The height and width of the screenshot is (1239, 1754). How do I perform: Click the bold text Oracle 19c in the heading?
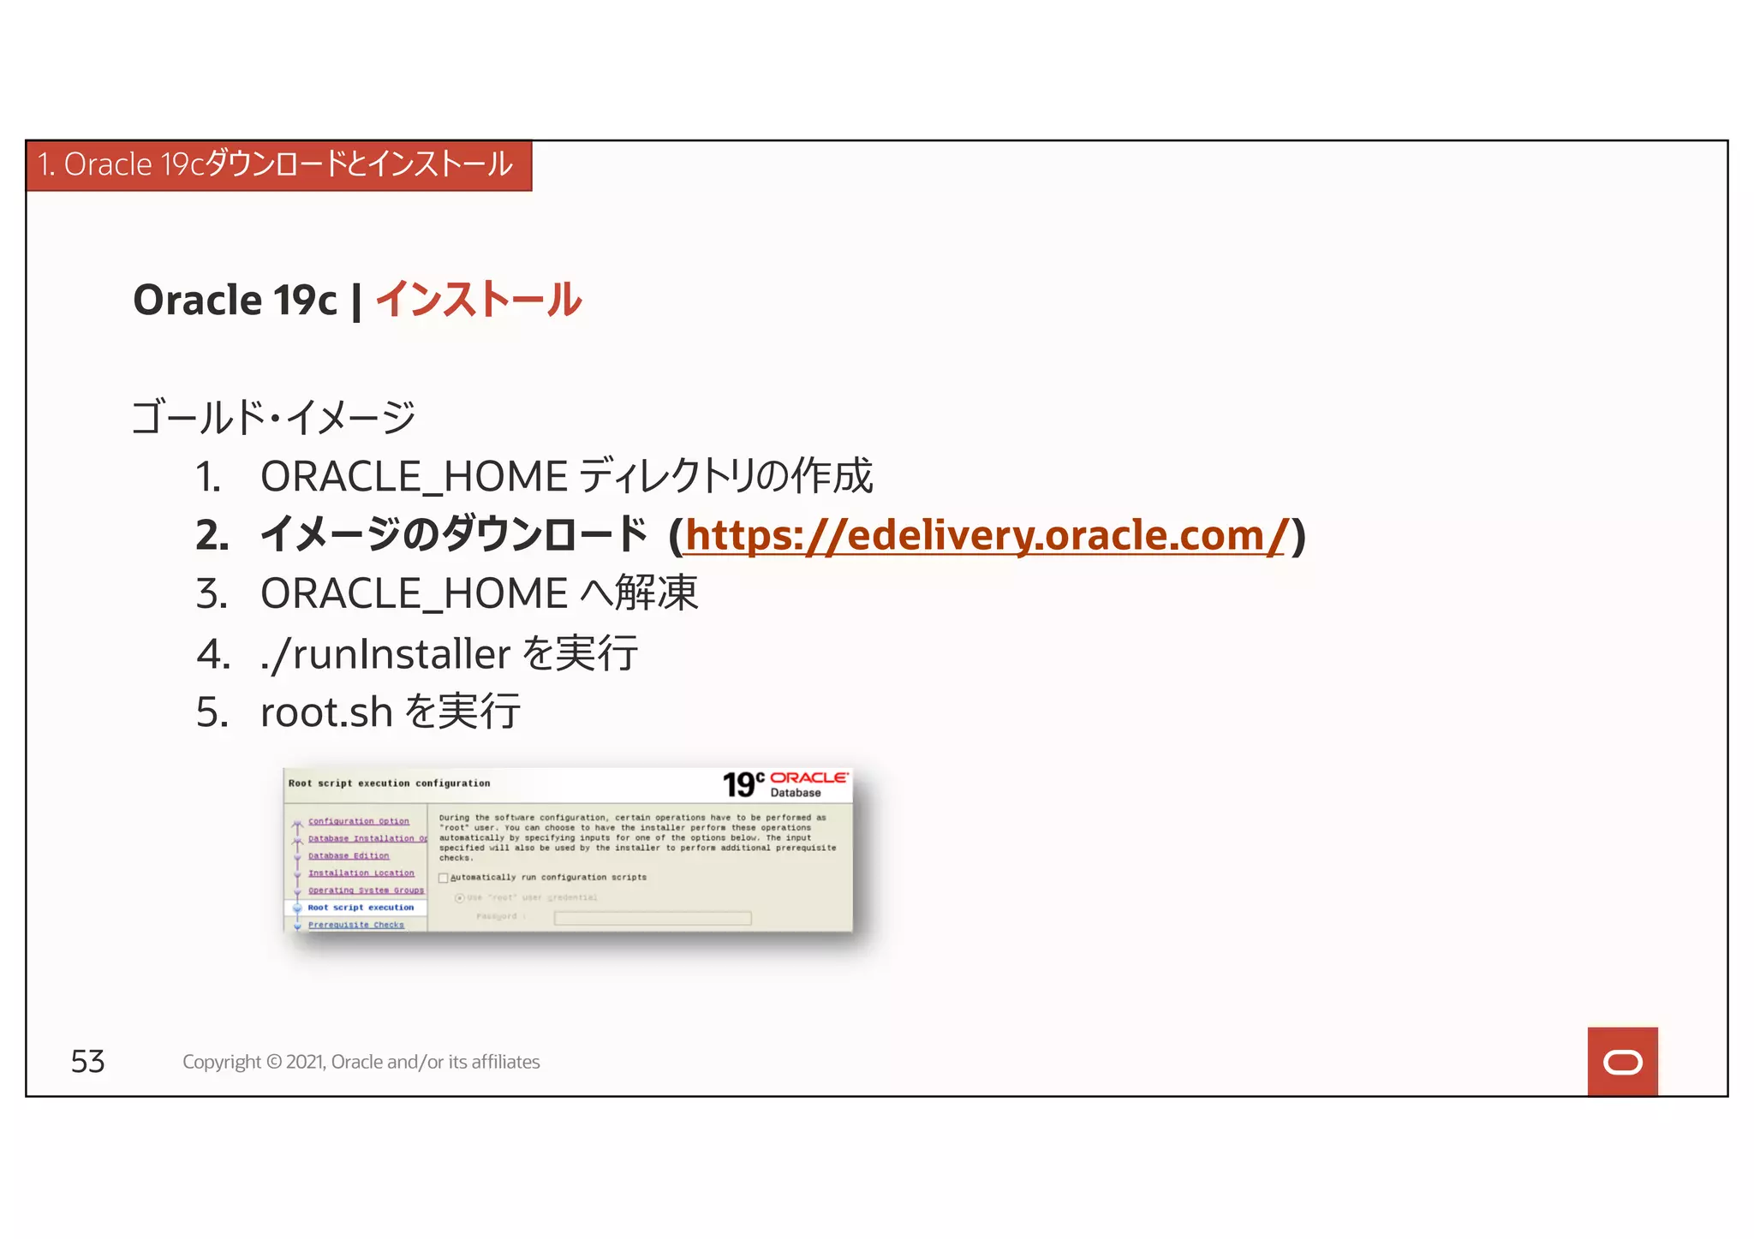(236, 301)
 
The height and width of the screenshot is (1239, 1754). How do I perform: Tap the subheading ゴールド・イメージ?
(273, 418)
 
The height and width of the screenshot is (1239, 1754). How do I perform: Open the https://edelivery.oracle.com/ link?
(985, 535)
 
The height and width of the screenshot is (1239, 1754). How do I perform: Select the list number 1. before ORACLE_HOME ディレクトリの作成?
(208, 477)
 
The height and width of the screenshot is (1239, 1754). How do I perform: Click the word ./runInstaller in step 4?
(385, 654)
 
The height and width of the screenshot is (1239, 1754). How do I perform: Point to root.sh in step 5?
(325, 712)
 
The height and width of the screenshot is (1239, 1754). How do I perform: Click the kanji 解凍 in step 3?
(656, 593)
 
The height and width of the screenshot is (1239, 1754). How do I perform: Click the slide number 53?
(87, 1062)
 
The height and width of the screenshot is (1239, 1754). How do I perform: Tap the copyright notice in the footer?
(361, 1062)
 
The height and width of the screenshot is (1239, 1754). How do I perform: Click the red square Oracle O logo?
(1622, 1062)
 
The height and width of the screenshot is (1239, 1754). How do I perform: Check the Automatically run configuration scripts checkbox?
(444, 878)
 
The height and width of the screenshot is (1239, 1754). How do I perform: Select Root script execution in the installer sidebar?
(361, 908)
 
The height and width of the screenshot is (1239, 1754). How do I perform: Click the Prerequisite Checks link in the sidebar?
(355, 925)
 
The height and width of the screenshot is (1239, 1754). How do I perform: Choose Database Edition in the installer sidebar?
(348, 856)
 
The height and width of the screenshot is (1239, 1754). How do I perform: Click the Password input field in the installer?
(652, 918)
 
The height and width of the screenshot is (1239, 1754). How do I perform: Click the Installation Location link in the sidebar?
(361, 873)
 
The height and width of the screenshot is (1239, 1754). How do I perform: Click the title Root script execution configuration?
(389, 783)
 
